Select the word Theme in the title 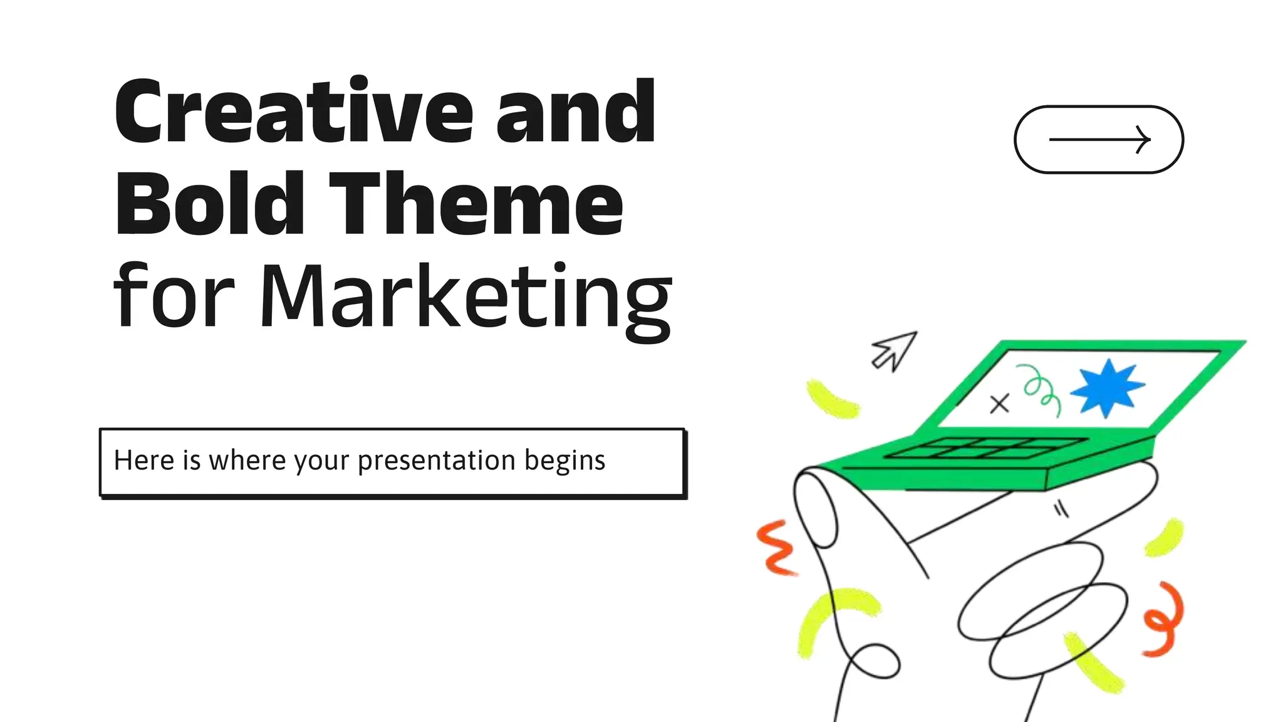tap(476, 204)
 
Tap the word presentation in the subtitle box tap(437, 461)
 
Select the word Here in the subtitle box tap(144, 461)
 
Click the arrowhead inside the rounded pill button tap(1143, 139)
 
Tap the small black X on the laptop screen tap(999, 404)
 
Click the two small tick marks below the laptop tap(1061, 509)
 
